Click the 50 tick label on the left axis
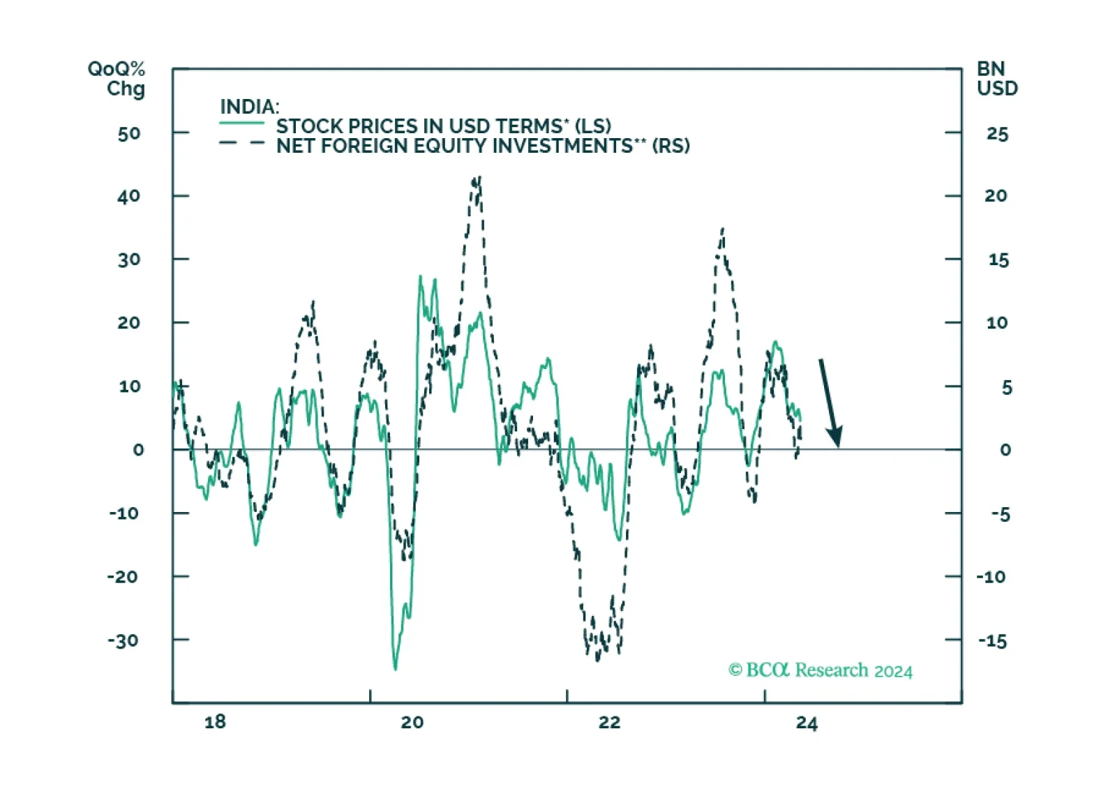(x=129, y=134)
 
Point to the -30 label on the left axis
(x=123, y=640)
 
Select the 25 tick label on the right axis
(x=997, y=134)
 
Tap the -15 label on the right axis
(x=993, y=641)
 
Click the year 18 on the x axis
(x=215, y=721)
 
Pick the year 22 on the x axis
(x=609, y=721)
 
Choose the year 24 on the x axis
(x=807, y=723)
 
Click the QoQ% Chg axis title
(x=117, y=79)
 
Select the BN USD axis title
(x=997, y=79)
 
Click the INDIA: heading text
(x=250, y=107)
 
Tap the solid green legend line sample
(x=242, y=123)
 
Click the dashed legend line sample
(x=242, y=143)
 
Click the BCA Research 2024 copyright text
(x=821, y=670)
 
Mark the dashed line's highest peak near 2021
(x=479, y=176)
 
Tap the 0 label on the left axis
(x=138, y=450)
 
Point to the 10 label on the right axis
(x=997, y=323)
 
